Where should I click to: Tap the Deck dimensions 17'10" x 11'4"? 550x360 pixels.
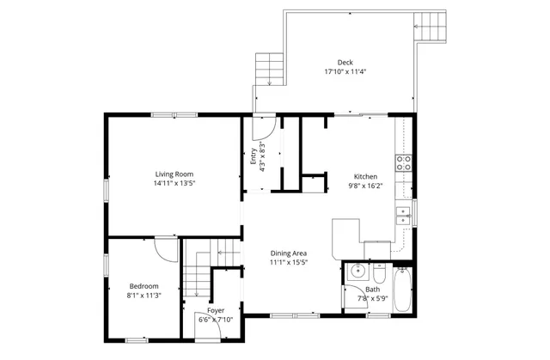(x=345, y=72)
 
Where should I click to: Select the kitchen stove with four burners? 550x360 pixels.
(x=403, y=161)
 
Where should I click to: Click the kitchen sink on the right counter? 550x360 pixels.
(x=402, y=215)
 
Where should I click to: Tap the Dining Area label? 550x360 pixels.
(x=289, y=253)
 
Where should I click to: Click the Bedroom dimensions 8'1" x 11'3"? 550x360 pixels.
(x=144, y=296)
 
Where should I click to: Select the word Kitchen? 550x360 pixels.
(x=365, y=176)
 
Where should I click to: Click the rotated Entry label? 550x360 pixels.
(x=253, y=158)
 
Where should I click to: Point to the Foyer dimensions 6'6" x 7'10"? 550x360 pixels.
(x=216, y=320)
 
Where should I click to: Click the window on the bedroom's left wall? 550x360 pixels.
(x=107, y=267)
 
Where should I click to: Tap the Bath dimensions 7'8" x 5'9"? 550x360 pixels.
(x=372, y=298)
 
